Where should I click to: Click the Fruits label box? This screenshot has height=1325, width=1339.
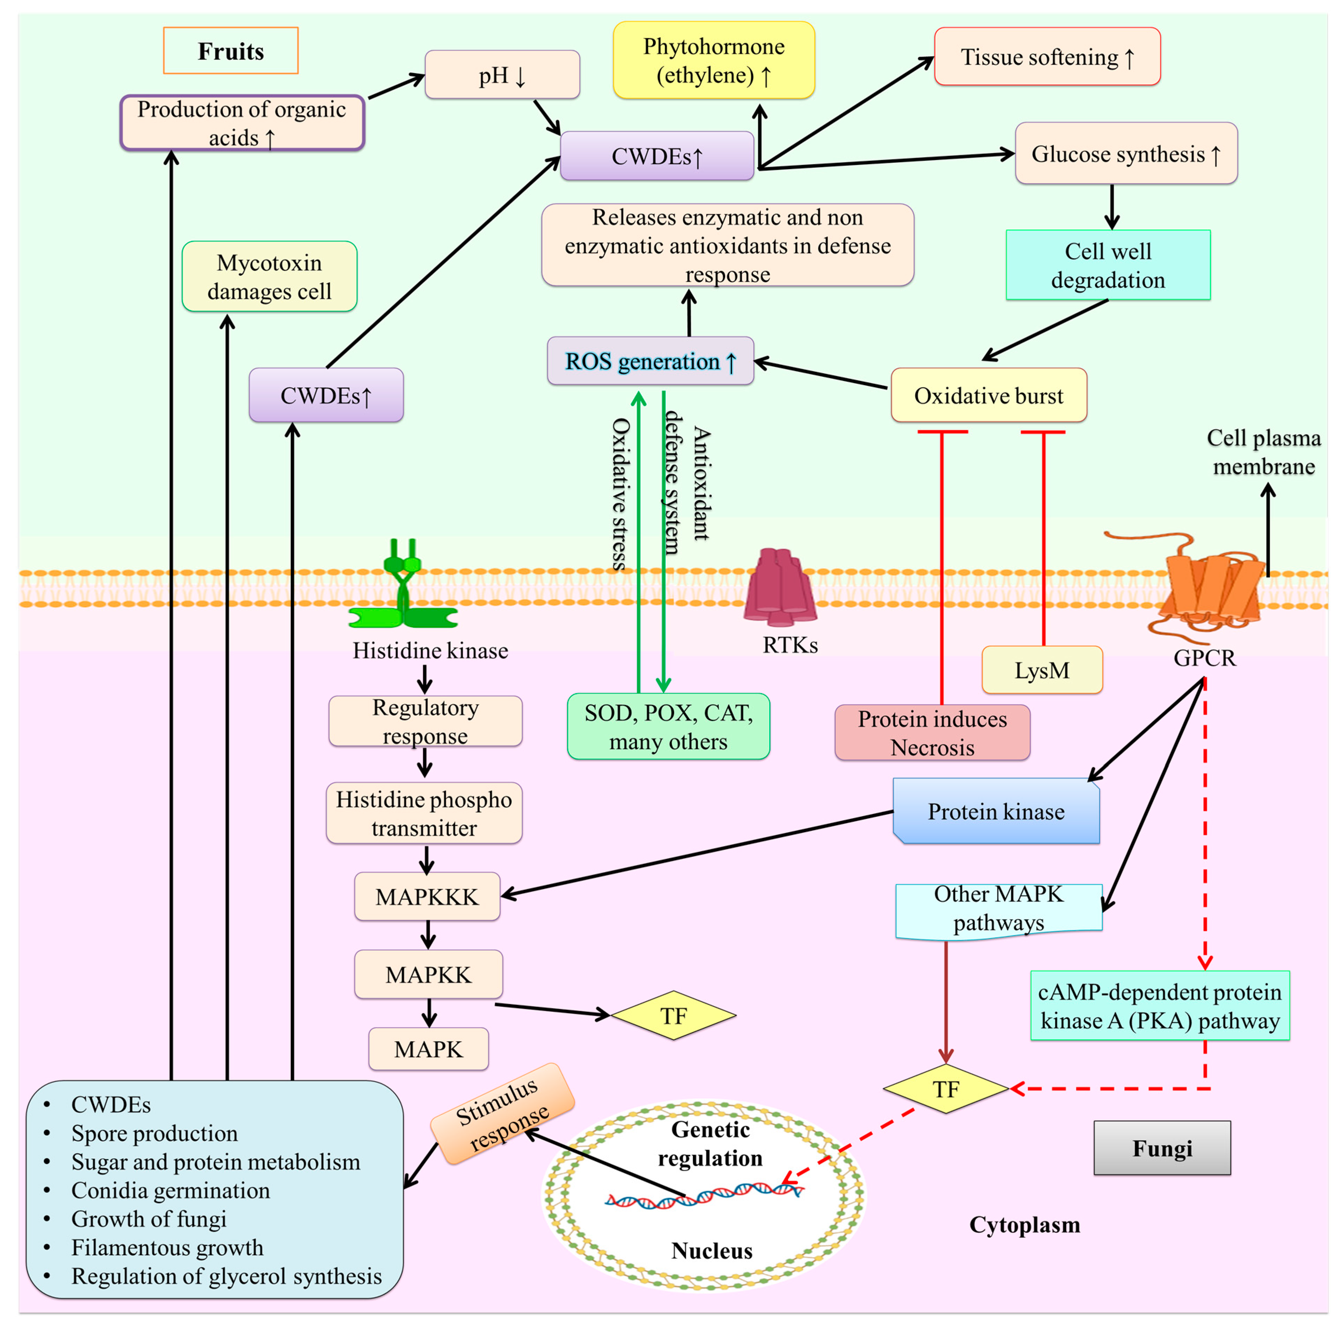click(231, 51)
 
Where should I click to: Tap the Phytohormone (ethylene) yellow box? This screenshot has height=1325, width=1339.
click(714, 60)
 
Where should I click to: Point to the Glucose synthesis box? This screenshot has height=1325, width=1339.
click(1126, 153)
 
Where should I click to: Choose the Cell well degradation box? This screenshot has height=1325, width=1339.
click(1108, 265)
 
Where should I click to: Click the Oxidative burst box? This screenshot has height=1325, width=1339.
click(989, 395)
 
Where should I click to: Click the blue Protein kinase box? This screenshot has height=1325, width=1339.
click(996, 811)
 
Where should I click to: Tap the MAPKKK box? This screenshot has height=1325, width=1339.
click(427, 896)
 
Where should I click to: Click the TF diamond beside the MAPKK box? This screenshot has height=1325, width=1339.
click(673, 1015)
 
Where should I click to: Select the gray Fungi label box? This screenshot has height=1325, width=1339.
click(1162, 1148)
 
